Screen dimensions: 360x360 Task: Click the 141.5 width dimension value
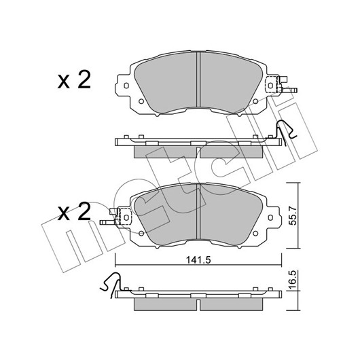click(x=198, y=260)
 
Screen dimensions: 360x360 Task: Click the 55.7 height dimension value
click(x=293, y=215)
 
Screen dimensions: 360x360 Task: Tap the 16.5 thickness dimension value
click(x=293, y=281)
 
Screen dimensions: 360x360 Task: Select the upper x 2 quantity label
click(x=74, y=80)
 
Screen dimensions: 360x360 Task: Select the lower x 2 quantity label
click(x=74, y=211)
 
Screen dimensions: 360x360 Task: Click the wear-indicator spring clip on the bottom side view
click(x=110, y=284)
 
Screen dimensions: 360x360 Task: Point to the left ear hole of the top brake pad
click(x=126, y=86)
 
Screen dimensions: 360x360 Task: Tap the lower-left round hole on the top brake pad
click(x=141, y=101)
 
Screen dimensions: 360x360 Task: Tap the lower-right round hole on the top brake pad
click(x=255, y=101)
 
